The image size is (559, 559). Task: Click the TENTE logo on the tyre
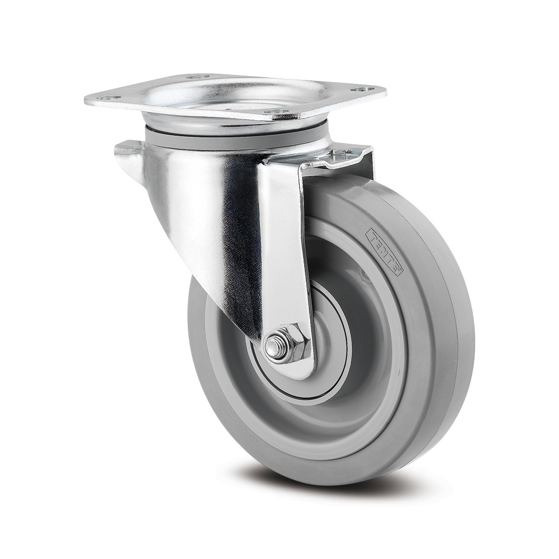coord(385,252)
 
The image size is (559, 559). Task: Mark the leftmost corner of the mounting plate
coord(86,101)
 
